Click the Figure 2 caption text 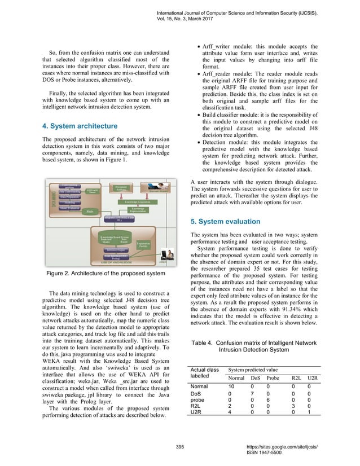(x=105, y=274)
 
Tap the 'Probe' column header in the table (x=273, y=377)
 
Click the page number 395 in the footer (x=180, y=446)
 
